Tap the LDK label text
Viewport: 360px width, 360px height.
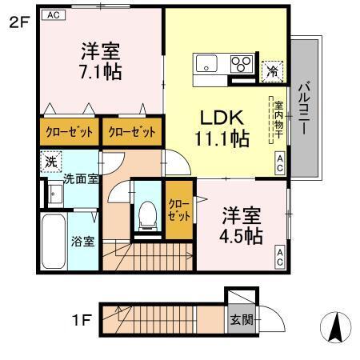click(x=222, y=115)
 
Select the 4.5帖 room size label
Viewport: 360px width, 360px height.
click(x=241, y=235)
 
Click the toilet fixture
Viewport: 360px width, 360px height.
click(x=146, y=210)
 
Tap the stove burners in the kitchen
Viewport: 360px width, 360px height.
click(x=240, y=64)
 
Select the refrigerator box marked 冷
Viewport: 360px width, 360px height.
click(x=273, y=71)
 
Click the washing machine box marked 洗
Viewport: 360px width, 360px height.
click(x=50, y=160)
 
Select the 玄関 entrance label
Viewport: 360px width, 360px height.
click(x=242, y=319)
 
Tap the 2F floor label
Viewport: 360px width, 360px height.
click(x=19, y=22)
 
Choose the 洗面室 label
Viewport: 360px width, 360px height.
click(x=81, y=178)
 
